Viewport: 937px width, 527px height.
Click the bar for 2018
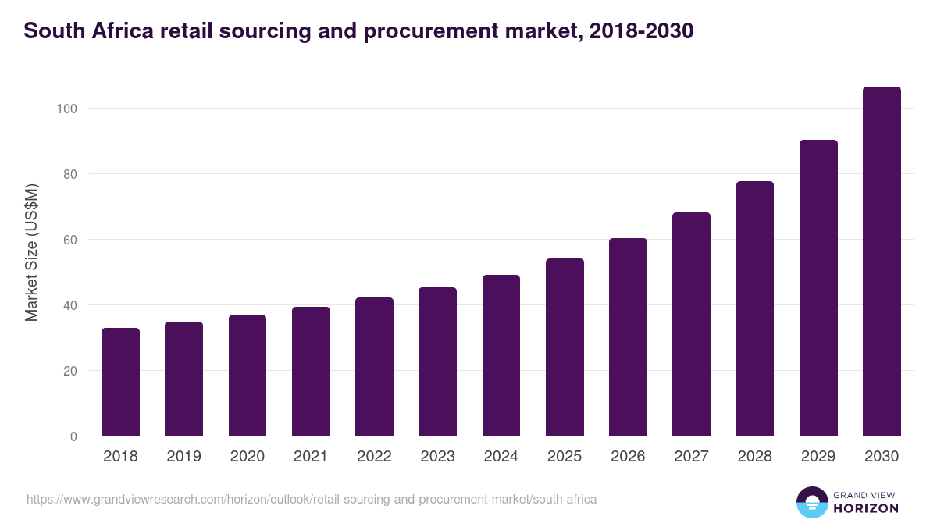click(x=120, y=382)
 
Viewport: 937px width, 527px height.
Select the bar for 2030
click(x=882, y=262)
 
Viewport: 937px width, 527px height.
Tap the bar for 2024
click(x=501, y=355)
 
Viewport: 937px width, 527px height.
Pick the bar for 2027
click(x=691, y=324)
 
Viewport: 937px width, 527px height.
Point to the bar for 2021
click(x=311, y=372)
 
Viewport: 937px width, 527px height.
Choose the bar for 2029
click(x=818, y=288)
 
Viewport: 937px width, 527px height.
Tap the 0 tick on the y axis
click(x=73, y=436)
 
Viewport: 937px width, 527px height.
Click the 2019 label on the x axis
click(x=183, y=457)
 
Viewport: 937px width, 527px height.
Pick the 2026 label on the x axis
click(x=628, y=457)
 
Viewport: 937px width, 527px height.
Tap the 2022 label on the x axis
click(x=374, y=457)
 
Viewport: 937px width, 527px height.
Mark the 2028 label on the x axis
click(x=754, y=457)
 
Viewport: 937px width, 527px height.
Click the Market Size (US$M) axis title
click(x=32, y=253)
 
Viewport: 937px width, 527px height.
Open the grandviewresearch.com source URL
click(x=312, y=499)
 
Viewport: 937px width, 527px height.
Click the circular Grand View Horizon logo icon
click(x=811, y=502)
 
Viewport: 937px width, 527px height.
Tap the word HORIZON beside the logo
click(x=866, y=508)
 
